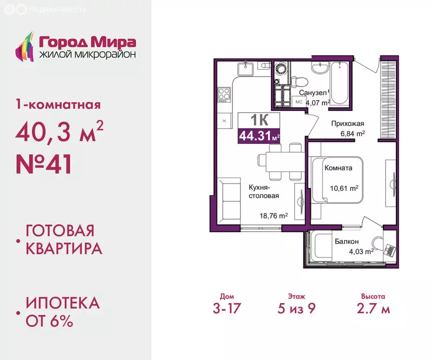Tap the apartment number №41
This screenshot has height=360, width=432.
point(44,165)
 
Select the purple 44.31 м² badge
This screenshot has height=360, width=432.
point(260,136)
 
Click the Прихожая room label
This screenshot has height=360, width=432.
point(348,124)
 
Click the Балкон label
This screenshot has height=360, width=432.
point(347,241)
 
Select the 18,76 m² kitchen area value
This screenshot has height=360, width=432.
point(273,216)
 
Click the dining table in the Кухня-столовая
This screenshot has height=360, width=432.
point(280,161)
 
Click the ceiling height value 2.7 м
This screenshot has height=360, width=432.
point(373,309)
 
